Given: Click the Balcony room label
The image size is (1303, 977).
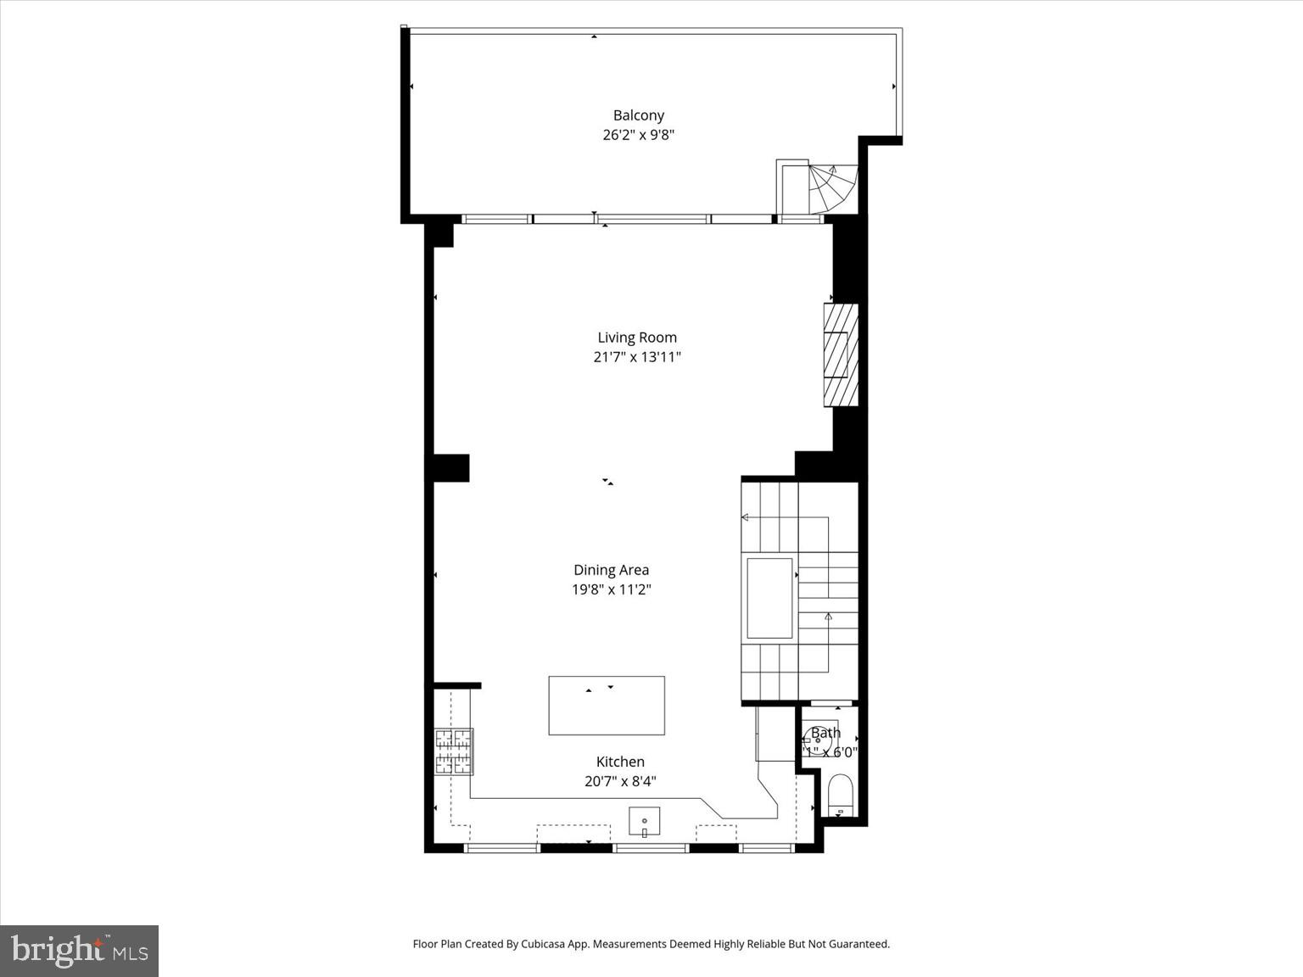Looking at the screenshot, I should [x=639, y=115].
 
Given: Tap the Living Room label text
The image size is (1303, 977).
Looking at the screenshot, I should [x=637, y=338].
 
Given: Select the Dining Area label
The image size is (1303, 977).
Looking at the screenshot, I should [x=611, y=570].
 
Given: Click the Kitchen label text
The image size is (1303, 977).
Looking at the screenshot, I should [x=620, y=762].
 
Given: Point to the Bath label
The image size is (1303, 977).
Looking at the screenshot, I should [x=825, y=733].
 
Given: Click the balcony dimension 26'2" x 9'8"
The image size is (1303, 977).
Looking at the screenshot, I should [x=638, y=135].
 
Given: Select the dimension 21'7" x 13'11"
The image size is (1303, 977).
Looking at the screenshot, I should [x=637, y=357].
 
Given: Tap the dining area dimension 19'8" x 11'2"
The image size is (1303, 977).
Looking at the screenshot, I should [x=611, y=589].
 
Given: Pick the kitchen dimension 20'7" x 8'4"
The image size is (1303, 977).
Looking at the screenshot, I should [x=620, y=781].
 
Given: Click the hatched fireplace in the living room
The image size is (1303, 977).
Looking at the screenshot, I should [x=841, y=355].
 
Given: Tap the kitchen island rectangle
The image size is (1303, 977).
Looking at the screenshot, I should [x=607, y=706].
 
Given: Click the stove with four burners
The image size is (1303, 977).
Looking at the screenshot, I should [x=454, y=751].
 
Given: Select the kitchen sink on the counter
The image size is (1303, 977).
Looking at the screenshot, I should [x=644, y=821].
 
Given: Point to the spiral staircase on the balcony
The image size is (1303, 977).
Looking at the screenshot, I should [x=830, y=188].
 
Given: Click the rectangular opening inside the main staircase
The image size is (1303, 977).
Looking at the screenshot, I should [x=769, y=598].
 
